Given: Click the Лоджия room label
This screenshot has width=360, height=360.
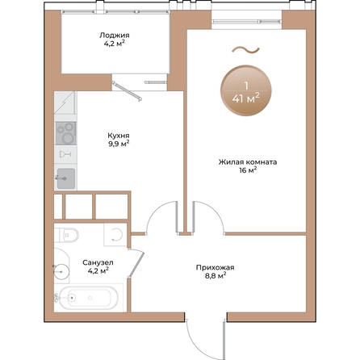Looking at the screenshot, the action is click(x=115, y=36).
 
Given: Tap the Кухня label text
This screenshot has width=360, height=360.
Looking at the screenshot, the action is click(x=119, y=136).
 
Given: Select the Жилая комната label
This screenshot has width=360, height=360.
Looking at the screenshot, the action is click(x=248, y=162).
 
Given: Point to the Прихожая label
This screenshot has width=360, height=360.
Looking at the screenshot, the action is click(x=215, y=268).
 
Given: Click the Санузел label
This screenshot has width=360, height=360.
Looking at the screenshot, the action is click(x=98, y=262).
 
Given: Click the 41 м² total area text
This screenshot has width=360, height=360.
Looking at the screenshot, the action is click(x=246, y=98).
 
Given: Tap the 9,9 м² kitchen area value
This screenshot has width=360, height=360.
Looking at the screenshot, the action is click(x=119, y=144).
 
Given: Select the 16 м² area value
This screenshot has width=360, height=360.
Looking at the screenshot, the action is click(x=248, y=170).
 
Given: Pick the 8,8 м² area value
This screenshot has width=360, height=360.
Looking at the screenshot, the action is click(x=215, y=276).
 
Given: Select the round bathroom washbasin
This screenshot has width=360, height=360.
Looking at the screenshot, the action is click(x=61, y=272).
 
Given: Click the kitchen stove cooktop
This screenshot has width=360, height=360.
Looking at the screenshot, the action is click(x=65, y=133).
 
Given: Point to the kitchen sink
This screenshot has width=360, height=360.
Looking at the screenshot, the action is click(x=66, y=178).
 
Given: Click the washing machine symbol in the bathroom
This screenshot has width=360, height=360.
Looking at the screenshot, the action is click(x=115, y=235).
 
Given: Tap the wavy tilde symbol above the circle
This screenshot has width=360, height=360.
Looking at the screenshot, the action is click(x=246, y=49).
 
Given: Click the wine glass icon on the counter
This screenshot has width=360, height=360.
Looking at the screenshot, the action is click(x=65, y=154).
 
